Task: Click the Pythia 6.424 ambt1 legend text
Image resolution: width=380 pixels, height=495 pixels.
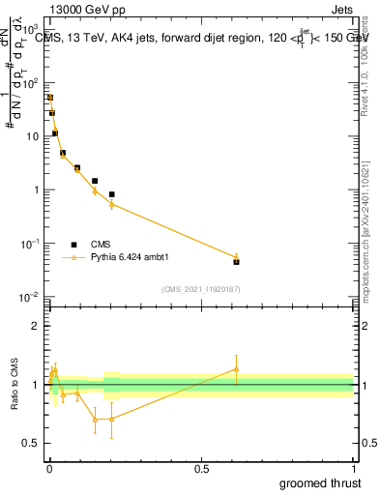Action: [131, 258]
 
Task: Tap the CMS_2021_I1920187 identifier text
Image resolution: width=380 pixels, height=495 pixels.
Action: [200, 289]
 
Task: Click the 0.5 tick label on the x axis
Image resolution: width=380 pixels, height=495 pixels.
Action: [200, 468]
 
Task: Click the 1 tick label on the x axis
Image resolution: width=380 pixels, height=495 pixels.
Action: [354, 468]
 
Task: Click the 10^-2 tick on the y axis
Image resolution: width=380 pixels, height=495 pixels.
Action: [32, 297]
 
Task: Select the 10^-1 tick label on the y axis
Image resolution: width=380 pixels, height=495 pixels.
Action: [32, 244]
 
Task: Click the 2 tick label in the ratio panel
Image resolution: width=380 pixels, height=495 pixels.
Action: [36, 326]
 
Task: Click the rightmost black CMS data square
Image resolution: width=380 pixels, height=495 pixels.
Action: [236, 261]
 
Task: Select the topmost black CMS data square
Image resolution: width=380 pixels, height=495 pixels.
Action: [50, 98]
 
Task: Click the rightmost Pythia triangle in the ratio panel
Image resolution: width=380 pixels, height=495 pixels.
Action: [236, 368]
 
